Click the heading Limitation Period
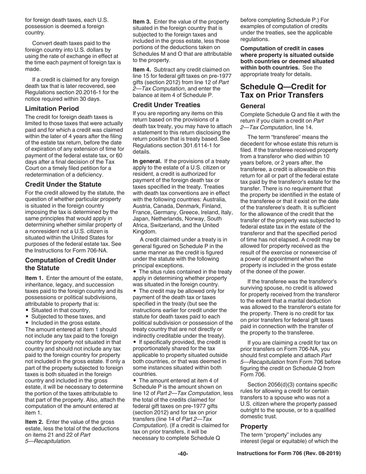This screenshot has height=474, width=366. [x=52, y=109]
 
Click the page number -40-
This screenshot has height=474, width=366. [x=183, y=454]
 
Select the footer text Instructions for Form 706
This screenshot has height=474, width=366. [x=289, y=454]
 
